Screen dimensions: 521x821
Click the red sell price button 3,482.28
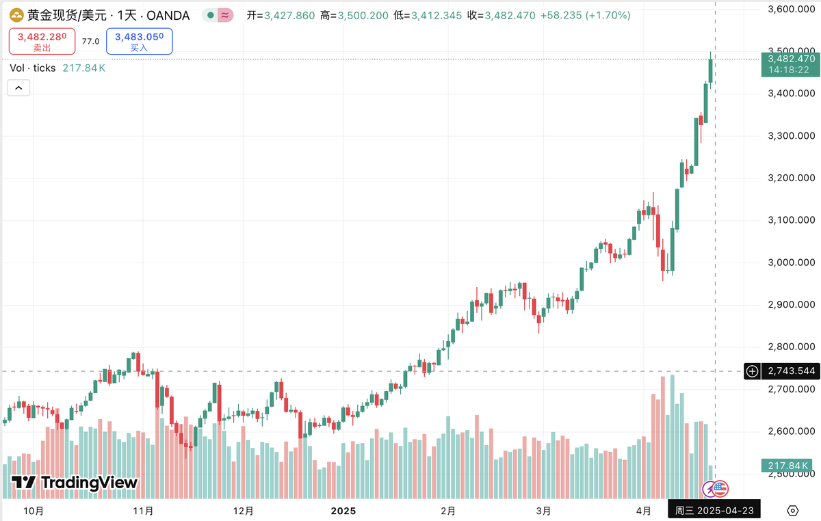pyautogui.click(x=42, y=41)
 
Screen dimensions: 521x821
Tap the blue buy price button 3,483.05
pyautogui.click(x=139, y=41)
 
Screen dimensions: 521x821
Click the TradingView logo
pyautogui.click(x=75, y=483)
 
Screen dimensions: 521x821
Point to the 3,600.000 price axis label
pyautogui.click(x=791, y=9)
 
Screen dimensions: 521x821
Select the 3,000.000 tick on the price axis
pyautogui.click(x=791, y=263)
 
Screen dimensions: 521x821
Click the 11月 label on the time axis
pyautogui.click(x=144, y=511)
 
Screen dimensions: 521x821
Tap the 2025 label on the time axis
pyautogui.click(x=344, y=511)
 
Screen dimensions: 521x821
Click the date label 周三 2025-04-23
pyautogui.click(x=714, y=511)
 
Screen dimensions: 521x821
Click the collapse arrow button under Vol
pyautogui.click(x=18, y=88)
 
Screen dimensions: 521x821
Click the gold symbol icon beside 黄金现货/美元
pyautogui.click(x=15, y=15)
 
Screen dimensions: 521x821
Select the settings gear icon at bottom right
pyautogui.click(x=792, y=511)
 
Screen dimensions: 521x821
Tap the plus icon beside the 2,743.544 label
pyautogui.click(x=753, y=371)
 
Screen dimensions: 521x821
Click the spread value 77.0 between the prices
pyautogui.click(x=90, y=41)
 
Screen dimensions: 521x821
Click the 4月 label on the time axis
pyautogui.click(x=643, y=511)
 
